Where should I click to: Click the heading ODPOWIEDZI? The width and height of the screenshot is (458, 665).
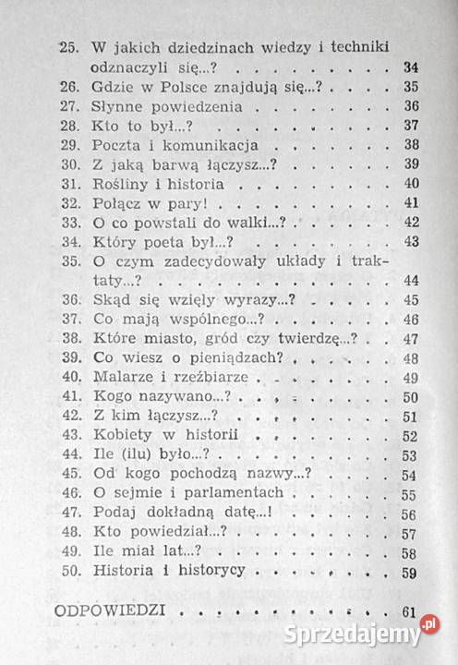click(x=109, y=611)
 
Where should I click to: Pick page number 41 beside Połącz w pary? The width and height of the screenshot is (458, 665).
click(x=412, y=202)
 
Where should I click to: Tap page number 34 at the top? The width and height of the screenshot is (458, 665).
click(x=413, y=67)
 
